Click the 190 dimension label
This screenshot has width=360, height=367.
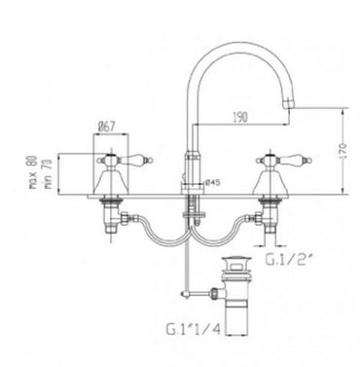[240, 117]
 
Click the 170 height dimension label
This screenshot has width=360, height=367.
[343, 150]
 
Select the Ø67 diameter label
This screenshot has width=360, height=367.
[106, 127]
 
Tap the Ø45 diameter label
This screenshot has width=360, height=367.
[213, 183]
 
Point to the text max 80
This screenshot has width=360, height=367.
[33, 172]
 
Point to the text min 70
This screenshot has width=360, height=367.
[48, 173]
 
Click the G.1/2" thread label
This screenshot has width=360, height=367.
[286, 259]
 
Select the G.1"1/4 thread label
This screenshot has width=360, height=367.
[194, 329]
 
